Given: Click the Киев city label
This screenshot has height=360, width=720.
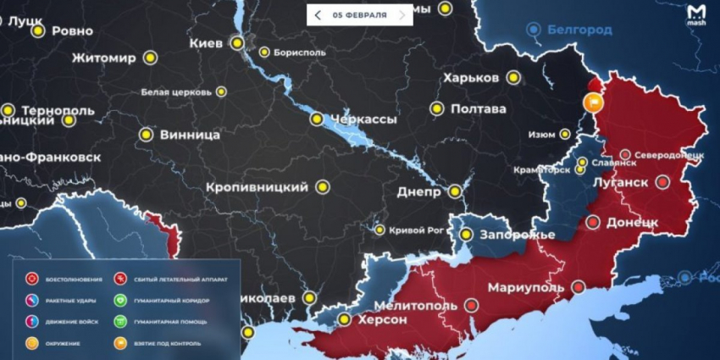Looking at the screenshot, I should pos(207,42).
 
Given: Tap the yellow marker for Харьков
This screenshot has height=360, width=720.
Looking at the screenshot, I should pos(512,78).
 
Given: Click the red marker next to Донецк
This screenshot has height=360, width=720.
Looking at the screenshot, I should pos(593,222).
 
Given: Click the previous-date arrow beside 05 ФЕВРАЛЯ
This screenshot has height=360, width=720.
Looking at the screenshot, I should pos(318,15).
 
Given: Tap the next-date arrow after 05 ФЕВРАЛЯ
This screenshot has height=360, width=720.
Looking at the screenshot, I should pos(402,15).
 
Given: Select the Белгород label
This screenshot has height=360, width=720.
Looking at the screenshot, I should pos(579,30).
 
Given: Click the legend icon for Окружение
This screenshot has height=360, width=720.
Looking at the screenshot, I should pos(31,342).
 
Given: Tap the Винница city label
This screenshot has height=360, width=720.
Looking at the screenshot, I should pos(190,135).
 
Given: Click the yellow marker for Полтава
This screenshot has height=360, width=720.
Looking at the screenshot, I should pos(437,108).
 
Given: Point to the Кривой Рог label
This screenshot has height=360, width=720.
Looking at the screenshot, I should pos(415,230).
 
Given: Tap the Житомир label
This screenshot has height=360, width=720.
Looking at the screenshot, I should pos(103,58).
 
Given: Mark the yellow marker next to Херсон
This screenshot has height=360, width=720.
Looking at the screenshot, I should pos(344,319).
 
